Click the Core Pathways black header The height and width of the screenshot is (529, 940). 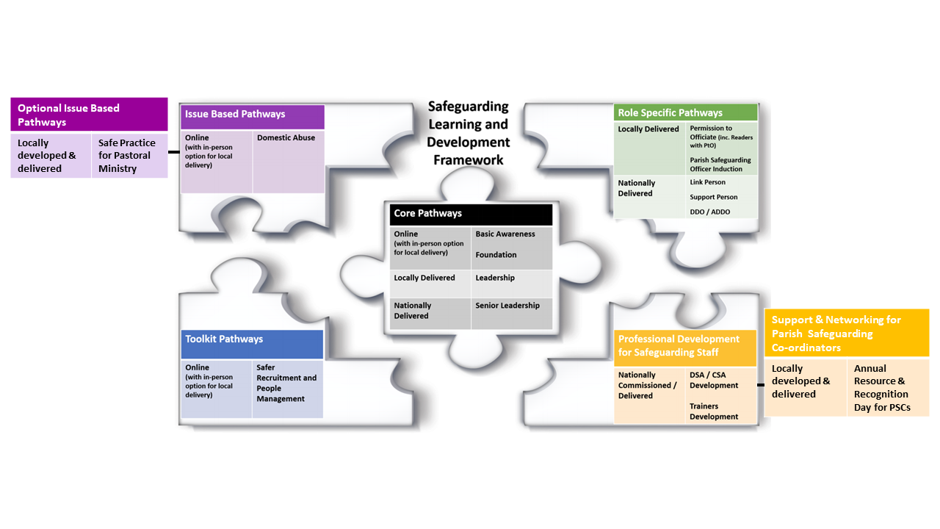coord(471,215)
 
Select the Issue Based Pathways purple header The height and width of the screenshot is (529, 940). coord(252,117)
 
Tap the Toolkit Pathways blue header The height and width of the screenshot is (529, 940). coord(252,344)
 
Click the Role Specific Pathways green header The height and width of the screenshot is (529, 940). coord(685,112)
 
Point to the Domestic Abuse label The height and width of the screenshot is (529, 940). coord(286,137)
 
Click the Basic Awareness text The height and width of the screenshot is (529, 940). coord(505,234)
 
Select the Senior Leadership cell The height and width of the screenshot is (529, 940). coord(512,313)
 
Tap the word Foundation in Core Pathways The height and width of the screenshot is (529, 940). coord(496,255)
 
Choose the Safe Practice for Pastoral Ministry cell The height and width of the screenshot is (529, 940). coord(130,155)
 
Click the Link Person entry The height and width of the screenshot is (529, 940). coord(707,182)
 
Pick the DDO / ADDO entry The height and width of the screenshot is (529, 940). coord(710,212)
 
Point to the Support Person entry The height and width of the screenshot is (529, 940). coord(713,197)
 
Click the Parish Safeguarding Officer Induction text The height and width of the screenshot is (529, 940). coord(720,165)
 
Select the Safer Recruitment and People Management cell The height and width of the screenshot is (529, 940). coord(287,389)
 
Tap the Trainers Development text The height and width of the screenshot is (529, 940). coord(713,411)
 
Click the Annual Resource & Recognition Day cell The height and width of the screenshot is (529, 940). coord(888,387)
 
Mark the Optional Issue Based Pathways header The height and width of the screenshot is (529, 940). coord(89,114)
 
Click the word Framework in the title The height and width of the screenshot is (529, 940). coord(469,160)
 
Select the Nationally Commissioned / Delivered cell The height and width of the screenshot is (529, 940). coord(649,395)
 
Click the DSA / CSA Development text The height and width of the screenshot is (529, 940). coord(713,380)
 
